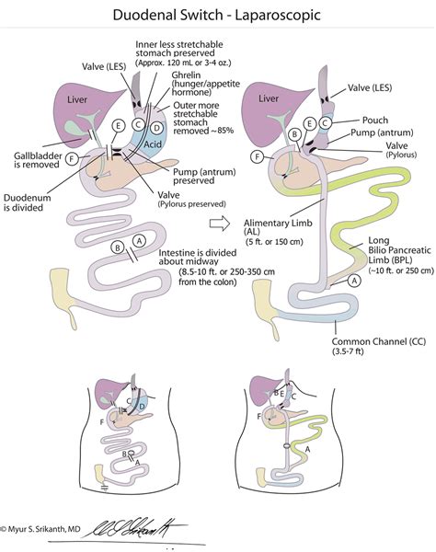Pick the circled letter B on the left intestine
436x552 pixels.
[117, 247]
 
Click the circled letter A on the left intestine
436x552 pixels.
[139, 239]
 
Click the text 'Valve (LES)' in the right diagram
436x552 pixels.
[379, 88]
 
